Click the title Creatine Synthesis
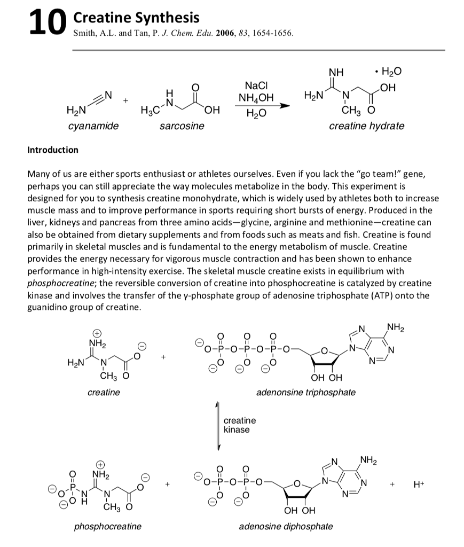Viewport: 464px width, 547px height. pos(136,18)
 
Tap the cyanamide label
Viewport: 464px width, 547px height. pos(93,126)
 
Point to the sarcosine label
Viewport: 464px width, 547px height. pos(182,126)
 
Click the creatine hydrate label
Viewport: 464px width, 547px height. pos(366,126)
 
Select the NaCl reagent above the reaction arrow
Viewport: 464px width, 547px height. pos(256,86)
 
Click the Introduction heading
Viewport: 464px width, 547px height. pos(52,150)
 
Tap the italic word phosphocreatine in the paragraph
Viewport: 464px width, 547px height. pos(60,283)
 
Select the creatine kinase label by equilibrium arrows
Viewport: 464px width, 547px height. pos(239,425)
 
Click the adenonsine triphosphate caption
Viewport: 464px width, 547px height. pos(305,392)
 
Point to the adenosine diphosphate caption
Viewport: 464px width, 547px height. pos(286,526)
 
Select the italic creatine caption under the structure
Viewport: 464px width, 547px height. pos(104,392)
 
